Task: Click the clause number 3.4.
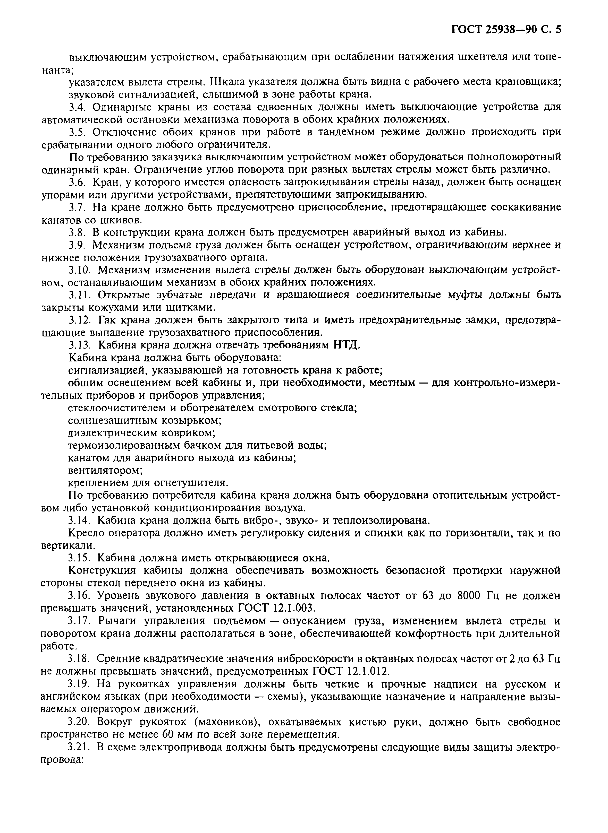[77, 107]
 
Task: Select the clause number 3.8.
[77, 232]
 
